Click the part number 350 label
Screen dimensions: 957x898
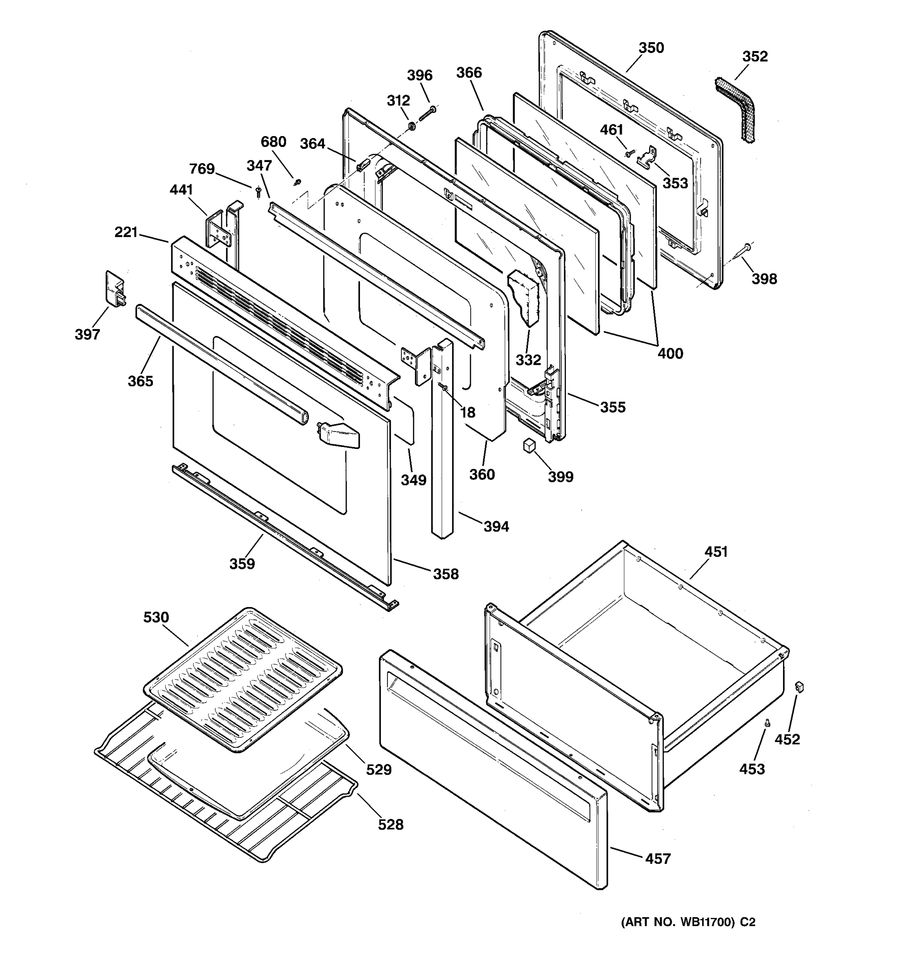651,48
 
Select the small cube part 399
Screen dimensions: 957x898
530,445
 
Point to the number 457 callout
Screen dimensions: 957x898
658,859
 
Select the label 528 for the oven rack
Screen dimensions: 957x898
390,825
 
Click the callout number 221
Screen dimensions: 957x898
126,232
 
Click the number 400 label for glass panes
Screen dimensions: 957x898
670,353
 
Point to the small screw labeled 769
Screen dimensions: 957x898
259,193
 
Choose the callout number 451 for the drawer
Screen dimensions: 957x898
716,552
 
